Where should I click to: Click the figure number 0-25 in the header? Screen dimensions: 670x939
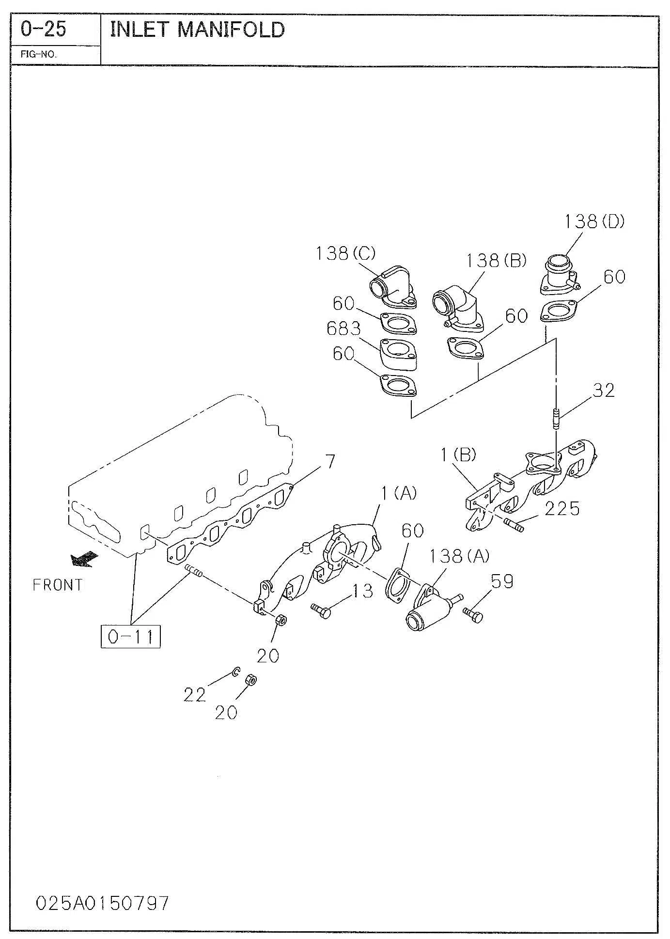point(43,30)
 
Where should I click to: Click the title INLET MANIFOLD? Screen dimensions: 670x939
point(198,30)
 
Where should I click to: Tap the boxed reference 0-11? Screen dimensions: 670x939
point(130,636)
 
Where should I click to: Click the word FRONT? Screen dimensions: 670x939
point(58,585)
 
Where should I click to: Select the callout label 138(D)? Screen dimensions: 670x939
point(594,221)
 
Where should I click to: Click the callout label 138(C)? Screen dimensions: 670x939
point(345,253)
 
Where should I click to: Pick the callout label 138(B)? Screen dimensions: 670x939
point(496,261)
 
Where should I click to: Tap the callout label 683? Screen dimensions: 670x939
point(344,329)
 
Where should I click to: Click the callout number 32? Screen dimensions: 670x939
point(604,390)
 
